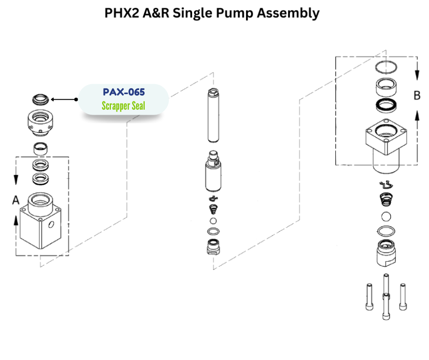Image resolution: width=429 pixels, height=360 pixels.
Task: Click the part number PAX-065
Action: click(x=124, y=92)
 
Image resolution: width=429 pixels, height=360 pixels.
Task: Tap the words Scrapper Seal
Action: click(x=123, y=106)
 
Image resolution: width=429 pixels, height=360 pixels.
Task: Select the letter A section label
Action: click(x=16, y=200)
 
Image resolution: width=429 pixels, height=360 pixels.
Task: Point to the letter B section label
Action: click(x=417, y=95)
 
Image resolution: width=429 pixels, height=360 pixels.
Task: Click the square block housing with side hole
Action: click(x=42, y=222)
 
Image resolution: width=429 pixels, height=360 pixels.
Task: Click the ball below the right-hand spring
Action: click(x=386, y=217)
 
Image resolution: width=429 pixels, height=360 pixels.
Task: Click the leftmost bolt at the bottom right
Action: click(x=369, y=296)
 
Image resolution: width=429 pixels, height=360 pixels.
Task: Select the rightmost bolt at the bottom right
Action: click(x=403, y=296)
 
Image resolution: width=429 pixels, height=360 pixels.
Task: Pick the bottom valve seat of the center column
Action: click(x=213, y=247)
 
